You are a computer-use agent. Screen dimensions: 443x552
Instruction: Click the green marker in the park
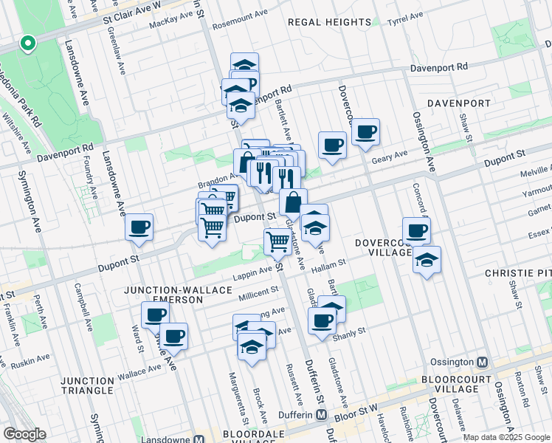coord(27,45)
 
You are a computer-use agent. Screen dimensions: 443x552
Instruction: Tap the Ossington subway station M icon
coord(483,363)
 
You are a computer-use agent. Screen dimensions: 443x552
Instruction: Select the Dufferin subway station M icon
coord(322,415)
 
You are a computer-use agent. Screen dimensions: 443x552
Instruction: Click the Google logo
coord(24,434)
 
